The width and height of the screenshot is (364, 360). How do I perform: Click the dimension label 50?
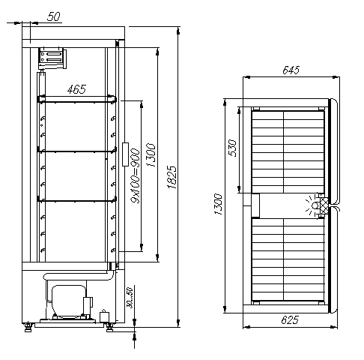coord(54,16)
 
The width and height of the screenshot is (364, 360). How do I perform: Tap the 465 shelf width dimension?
coord(76,89)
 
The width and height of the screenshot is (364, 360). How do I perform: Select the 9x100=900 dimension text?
coord(136,175)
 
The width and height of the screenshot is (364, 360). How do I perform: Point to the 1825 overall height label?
coord(172,177)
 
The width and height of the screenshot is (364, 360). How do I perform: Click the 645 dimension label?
coord(291,70)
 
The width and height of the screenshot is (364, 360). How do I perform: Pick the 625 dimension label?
coord(290,319)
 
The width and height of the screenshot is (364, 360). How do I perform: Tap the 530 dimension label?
coord(232,148)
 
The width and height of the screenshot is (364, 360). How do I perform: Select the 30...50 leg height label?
coord(130,298)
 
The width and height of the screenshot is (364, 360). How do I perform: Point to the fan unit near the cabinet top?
coord(52,58)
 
